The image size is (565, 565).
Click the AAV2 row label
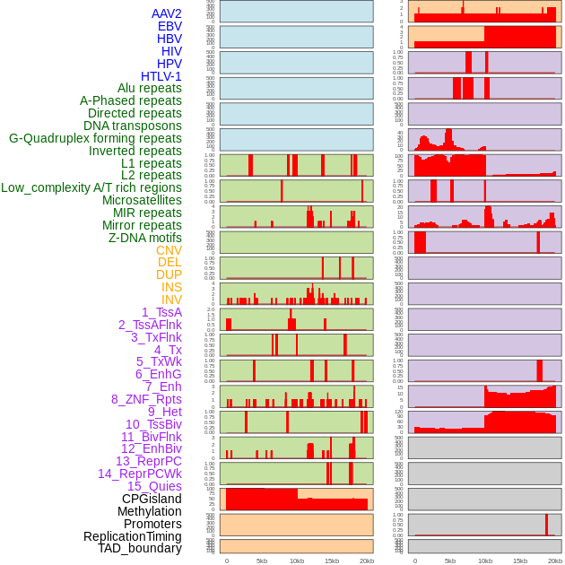coord(167,13)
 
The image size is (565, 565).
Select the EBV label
coord(169,26)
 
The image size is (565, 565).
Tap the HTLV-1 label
coord(161,76)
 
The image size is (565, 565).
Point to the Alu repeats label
coord(150,88)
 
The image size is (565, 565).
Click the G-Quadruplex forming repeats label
coord(95,138)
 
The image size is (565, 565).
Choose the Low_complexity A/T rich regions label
coord(91,187)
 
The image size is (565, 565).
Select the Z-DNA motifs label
coord(145,238)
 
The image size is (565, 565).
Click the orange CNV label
coord(169,250)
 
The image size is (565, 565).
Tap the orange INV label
coord(171,300)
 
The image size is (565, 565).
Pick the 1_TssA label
coord(161,312)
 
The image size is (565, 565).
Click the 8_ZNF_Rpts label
coord(146,399)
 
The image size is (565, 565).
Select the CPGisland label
coord(152,499)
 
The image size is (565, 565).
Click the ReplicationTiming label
coord(133,536)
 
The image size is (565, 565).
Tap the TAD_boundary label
coord(140,548)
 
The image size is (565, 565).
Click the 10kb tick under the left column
coord(296,561)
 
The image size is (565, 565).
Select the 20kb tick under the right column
coord(555,561)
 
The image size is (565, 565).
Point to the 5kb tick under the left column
coord(261,561)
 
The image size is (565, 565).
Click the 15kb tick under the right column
coord(519,561)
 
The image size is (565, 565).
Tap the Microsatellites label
coord(142,200)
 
